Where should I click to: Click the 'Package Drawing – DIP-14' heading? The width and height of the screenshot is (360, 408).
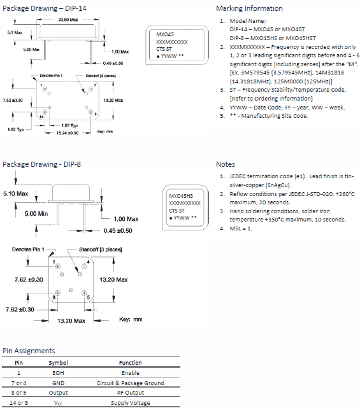pyautogui.click(x=45, y=8)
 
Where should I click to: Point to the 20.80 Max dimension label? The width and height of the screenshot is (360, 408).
pyautogui.click(x=68, y=20)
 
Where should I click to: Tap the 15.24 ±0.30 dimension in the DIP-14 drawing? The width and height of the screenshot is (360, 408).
pyautogui.click(x=68, y=133)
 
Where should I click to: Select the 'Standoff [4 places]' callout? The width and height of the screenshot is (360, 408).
pyautogui.click(x=101, y=76)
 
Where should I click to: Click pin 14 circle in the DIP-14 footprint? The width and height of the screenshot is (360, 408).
pyautogui.click(x=45, y=112)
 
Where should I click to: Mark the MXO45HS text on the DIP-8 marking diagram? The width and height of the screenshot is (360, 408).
pyautogui.click(x=181, y=196)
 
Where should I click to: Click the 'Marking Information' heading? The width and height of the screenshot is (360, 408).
pyautogui.click(x=249, y=8)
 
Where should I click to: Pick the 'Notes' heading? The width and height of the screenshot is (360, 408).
pyautogui.click(x=226, y=164)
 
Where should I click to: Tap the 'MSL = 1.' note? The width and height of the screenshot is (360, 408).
pyautogui.click(x=241, y=229)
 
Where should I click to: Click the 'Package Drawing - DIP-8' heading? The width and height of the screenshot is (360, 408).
pyautogui.click(x=41, y=164)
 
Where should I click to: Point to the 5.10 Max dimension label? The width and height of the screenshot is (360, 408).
pyautogui.click(x=16, y=193)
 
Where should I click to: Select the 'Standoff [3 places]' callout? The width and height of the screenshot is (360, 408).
pyautogui.click(x=100, y=250)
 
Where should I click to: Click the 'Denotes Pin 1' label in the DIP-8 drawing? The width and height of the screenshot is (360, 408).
pyautogui.click(x=28, y=250)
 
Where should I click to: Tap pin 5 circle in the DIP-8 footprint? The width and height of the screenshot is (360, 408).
pyautogui.click(x=84, y=293)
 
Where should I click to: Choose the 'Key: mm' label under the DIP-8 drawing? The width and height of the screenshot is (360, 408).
pyautogui.click(x=131, y=320)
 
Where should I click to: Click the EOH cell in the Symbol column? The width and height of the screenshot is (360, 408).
pyautogui.click(x=58, y=373)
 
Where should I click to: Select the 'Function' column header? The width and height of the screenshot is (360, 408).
pyautogui.click(x=130, y=363)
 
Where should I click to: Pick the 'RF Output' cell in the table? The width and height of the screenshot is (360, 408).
pyautogui.click(x=131, y=393)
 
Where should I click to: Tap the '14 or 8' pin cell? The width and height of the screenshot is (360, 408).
pyautogui.click(x=18, y=403)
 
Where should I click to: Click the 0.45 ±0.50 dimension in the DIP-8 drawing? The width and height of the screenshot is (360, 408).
pyautogui.click(x=118, y=231)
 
